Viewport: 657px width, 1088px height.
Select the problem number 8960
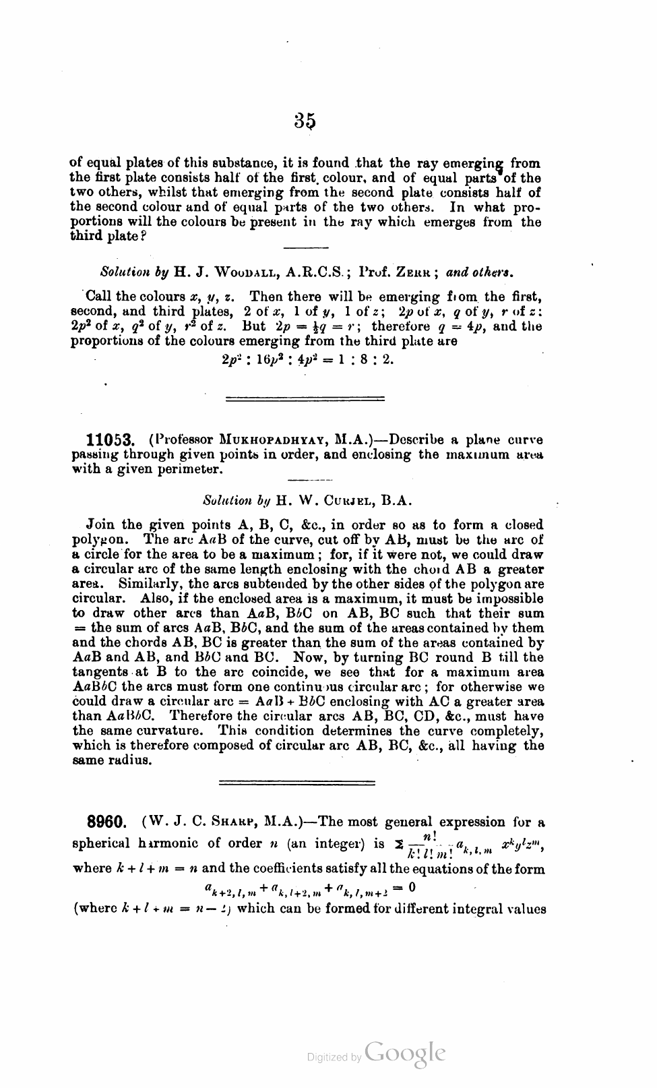click(x=107, y=823)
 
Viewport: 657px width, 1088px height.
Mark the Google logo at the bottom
click(x=405, y=1052)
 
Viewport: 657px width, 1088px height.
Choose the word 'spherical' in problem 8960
click(x=100, y=843)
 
